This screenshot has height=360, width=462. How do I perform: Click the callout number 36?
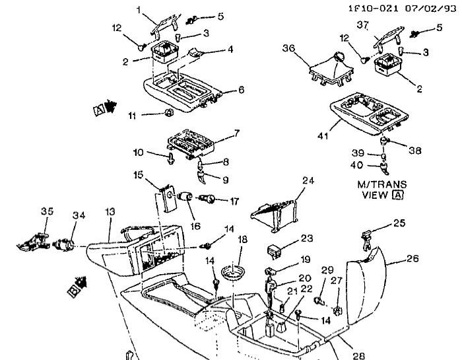click(288, 48)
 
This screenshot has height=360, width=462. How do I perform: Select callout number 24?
click(306, 180)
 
